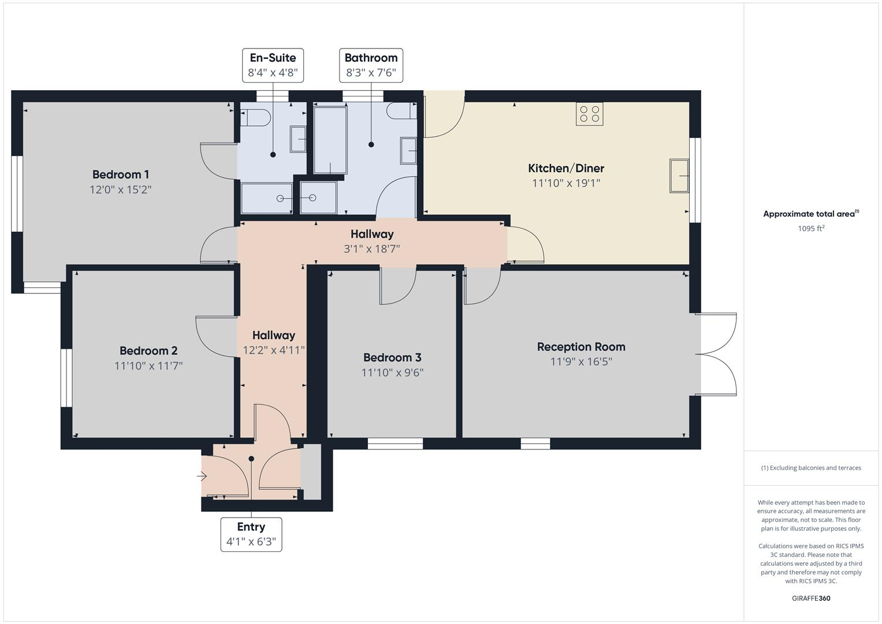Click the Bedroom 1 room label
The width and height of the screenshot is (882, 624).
pyautogui.click(x=121, y=174)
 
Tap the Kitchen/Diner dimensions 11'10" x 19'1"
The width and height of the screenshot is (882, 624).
pyautogui.click(x=565, y=183)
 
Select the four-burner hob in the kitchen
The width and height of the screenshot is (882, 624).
pyautogui.click(x=589, y=114)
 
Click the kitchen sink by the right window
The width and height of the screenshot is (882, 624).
pyautogui.click(x=679, y=176)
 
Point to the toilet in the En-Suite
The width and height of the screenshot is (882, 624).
pyautogui.click(x=256, y=118)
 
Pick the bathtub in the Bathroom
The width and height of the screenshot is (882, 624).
pyautogui.click(x=330, y=140)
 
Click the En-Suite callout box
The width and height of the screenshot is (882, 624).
pyautogui.click(x=273, y=65)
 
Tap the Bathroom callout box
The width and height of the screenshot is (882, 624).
pyautogui.click(x=371, y=65)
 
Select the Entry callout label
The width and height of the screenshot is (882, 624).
pyautogui.click(x=251, y=534)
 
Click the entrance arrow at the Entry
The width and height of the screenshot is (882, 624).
pyautogui.click(x=202, y=477)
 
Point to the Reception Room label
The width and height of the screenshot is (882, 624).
pyautogui.click(x=580, y=347)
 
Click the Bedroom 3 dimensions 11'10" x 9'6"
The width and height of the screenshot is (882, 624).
pyautogui.click(x=392, y=373)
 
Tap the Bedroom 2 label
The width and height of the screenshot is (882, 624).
pyautogui.click(x=148, y=351)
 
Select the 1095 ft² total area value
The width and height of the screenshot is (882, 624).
pyautogui.click(x=811, y=228)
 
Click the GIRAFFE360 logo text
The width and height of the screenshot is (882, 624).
pyautogui.click(x=811, y=598)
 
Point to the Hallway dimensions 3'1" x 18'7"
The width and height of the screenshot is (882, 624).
pyautogui.click(x=371, y=249)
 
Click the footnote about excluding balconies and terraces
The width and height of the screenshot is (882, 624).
pyautogui.click(x=811, y=468)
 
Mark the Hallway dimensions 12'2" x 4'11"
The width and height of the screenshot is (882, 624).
pyautogui.click(x=273, y=350)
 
